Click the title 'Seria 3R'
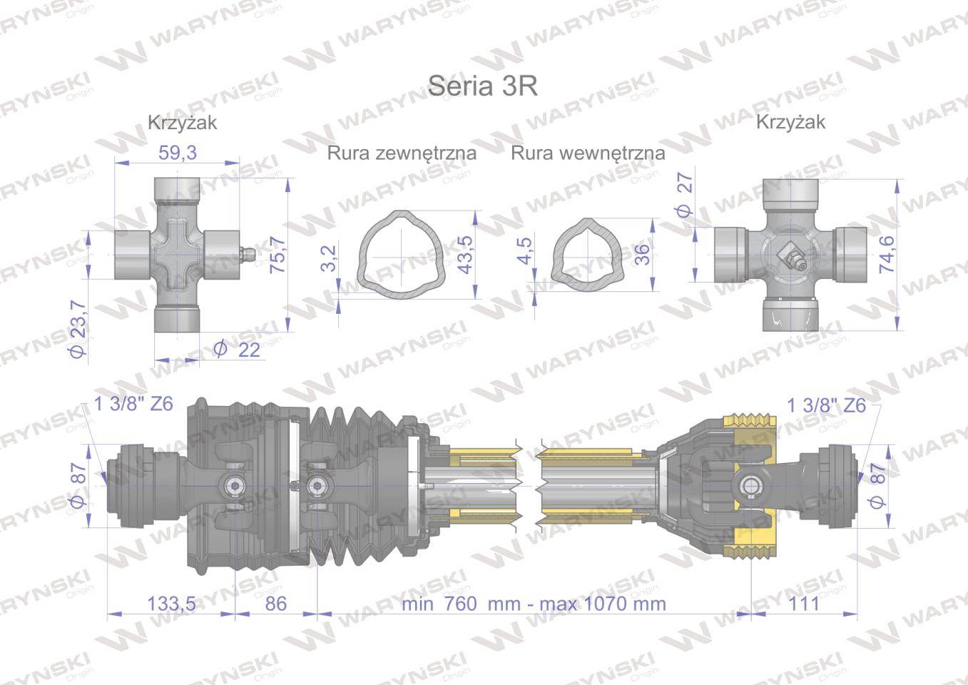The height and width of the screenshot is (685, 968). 482,86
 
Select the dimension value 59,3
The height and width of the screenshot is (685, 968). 177,152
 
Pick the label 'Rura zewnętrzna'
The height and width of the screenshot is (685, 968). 402,153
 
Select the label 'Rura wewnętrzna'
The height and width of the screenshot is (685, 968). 588,153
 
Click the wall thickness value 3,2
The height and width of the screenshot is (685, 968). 329,258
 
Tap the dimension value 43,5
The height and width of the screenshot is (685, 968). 465,255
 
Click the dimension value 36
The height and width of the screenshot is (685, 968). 642,254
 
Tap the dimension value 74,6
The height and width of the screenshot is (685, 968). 888,255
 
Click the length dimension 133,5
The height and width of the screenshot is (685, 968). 171,604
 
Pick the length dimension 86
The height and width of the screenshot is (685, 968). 275,604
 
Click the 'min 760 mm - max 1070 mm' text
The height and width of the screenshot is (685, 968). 534,604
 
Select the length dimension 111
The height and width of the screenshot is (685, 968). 805,604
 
